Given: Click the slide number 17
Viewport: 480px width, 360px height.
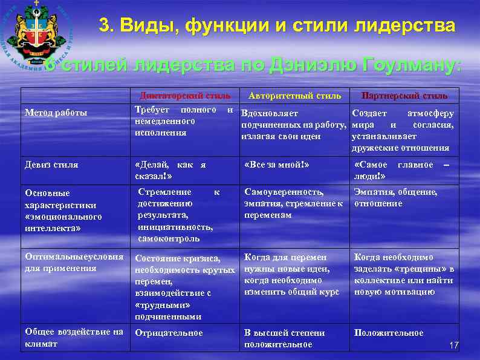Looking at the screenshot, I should (455, 345).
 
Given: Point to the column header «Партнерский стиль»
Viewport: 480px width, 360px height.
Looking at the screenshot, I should (404, 96).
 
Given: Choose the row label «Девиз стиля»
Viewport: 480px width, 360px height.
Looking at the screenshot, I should (51, 165).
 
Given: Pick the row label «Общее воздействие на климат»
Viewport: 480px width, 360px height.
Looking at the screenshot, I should (74, 338).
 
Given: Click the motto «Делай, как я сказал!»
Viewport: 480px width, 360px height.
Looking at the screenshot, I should (172, 170).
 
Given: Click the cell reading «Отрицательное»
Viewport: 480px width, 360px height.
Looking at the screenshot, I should (169, 333).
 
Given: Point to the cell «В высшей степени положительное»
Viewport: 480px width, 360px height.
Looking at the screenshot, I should (284, 338).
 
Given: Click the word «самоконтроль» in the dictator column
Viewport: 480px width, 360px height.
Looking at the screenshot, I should (168, 239).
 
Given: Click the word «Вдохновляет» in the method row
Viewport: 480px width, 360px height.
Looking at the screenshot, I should (269, 113).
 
